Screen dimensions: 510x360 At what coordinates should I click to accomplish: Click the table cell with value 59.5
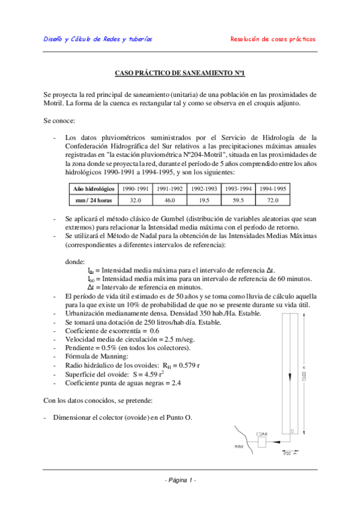click(239, 200)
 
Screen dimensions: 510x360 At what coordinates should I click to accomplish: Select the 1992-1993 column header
click(204, 189)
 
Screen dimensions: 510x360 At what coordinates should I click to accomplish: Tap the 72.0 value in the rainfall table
click(273, 200)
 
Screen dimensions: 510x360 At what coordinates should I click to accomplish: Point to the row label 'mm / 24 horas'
click(94, 200)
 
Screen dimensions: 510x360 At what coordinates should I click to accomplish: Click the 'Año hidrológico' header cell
click(94, 189)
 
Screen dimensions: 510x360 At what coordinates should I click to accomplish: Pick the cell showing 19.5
click(204, 200)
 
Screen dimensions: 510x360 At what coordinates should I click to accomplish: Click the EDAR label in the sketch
click(262, 433)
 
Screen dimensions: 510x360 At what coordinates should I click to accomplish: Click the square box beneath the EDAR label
click(263, 443)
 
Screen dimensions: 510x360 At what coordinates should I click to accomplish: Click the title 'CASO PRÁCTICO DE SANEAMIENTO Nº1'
click(180, 73)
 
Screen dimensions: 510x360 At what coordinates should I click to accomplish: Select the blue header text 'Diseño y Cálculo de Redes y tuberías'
click(98, 39)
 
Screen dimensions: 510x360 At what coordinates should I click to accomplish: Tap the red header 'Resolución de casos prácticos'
click(273, 39)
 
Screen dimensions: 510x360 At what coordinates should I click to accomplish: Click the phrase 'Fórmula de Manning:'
click(93, 357)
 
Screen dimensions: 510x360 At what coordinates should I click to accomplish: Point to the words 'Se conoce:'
click(59, 120)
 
